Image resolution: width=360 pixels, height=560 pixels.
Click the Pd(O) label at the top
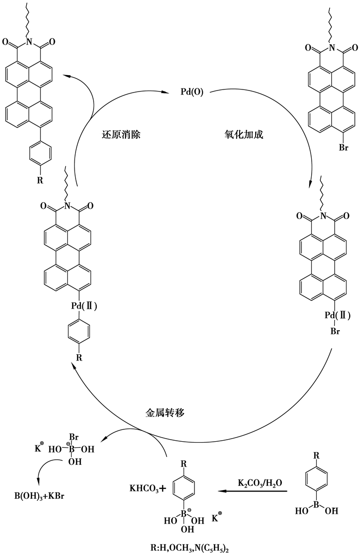[192, 92]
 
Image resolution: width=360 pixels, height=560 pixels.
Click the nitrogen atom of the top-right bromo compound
[333, 48]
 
